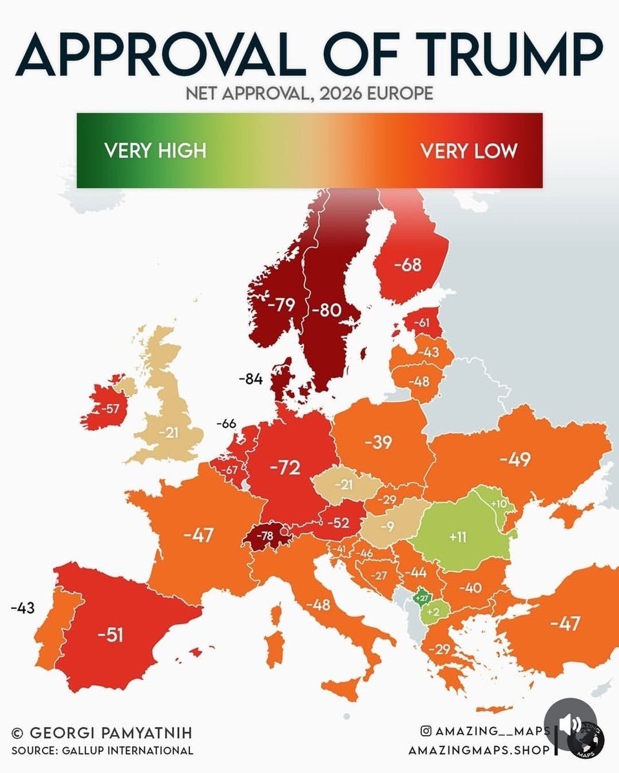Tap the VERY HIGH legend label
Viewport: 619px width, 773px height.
pyautogui.click(x=155, y=151)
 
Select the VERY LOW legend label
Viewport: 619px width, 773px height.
pyautogui.click(x=469, y=151)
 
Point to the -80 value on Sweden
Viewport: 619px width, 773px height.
pyautogui.click(x=325, y=310)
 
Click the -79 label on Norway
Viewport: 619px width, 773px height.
pyautogui.click(x=280, y=304)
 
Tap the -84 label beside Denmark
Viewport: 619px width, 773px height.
pyautogui.click(x=251, y=379)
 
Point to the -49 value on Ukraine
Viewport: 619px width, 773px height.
pyautogui.click(x=515, y=459)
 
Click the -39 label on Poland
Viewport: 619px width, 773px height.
pyautogui.click(x=378, y=443)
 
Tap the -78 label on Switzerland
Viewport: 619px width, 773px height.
pyautogui.click(x=264, y=535)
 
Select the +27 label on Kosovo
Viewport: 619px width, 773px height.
pyautogui.click(x=423, y=598)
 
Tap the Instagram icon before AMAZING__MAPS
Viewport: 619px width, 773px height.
pyautogui.click(x=426, y=731)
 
